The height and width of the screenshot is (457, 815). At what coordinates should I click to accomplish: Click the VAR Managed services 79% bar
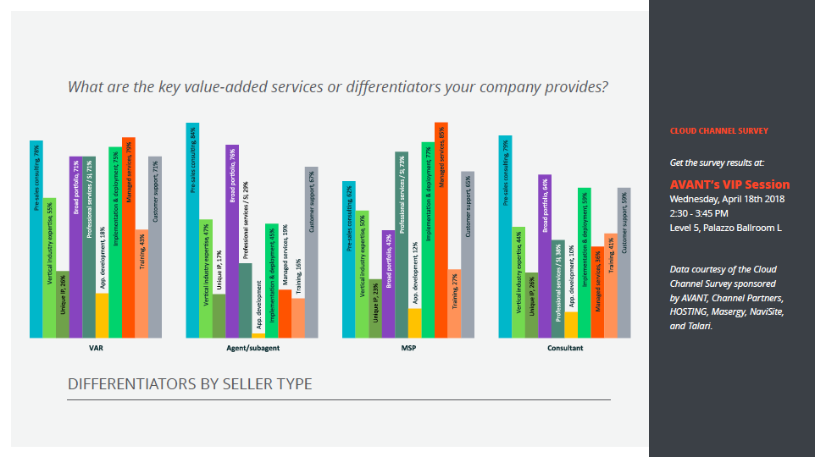tap(129, 238)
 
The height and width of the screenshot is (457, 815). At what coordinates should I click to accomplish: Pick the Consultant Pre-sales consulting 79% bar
tap(505, 237)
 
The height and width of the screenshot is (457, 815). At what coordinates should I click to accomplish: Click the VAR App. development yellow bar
tap(102, 316)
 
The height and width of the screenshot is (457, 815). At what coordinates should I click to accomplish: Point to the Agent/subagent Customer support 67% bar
tap(312, 252)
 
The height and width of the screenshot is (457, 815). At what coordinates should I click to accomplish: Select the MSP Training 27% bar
tap(454, 304)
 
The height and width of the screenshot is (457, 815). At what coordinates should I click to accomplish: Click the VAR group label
tap(96, 348)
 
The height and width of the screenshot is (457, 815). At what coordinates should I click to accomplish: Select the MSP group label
tap(408, 348)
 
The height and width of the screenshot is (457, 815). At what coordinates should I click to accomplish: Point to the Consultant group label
tap(564, 348)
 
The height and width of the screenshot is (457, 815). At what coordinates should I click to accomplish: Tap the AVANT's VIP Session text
tap(729, 184)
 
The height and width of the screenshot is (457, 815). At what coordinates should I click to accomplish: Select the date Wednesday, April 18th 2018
tap(727, 199)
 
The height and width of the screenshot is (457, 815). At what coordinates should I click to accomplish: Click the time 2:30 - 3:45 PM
tap(699, 213)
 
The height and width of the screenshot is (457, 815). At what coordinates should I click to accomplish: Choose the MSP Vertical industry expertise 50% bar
tap(362, 274)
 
